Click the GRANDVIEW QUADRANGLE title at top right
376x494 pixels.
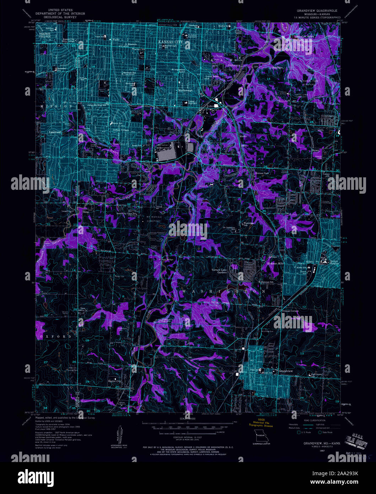(x=317, y=11)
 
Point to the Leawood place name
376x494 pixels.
(x=55, y=132)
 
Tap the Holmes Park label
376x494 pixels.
(x=261, y=173)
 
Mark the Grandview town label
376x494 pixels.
(x=285, y=371)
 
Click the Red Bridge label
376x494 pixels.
(x=168, y=259)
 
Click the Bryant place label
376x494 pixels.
(x=316, y=150)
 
